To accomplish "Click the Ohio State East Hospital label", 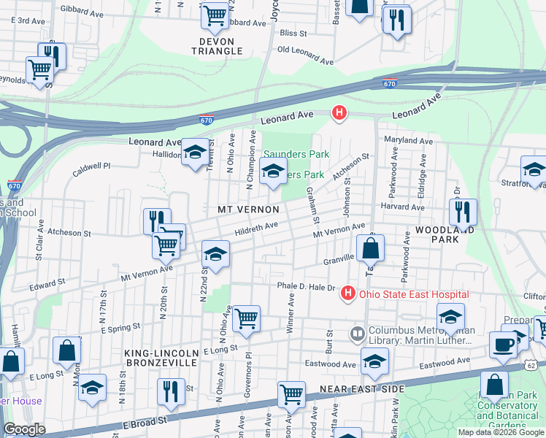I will (414, 294).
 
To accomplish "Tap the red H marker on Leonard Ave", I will (339, 112).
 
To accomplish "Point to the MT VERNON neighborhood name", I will (248, 210).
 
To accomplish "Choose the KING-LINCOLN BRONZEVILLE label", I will (161, 357).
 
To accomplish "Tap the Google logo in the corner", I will (24, 429).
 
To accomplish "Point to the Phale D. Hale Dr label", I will (305, 287).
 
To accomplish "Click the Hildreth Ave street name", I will (256, 228).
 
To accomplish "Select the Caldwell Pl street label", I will (91, 170).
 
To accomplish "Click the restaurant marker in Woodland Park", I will (463, 212).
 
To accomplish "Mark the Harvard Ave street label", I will (402, 207).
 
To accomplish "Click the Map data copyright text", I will (501, 432).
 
